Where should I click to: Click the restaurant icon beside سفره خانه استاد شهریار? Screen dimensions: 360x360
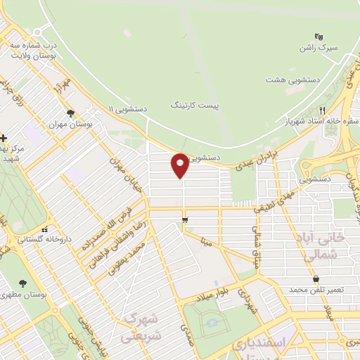click(323, 110)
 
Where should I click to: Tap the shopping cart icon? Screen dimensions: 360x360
click(185, 221)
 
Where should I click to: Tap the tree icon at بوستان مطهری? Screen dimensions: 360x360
click(23, 283)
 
